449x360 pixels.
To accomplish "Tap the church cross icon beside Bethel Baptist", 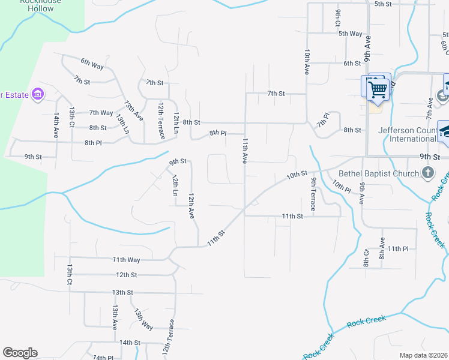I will click(428, 174).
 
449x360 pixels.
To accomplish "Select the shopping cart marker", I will click(378, 90).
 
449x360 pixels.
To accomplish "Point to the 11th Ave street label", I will click(245, 151).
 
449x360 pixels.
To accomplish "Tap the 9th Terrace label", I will click(313, 194).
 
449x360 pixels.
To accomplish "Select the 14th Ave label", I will click(56, 125).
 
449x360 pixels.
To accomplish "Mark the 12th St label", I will click(127, 275).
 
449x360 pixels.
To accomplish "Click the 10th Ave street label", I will click(307, 62).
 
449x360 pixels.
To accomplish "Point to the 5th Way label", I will click(351, 34).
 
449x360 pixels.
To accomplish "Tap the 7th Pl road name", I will click(324, 119).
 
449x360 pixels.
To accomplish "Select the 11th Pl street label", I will click(398, 248).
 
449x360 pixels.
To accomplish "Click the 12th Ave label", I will click(191, 205).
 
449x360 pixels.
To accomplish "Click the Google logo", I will click(20, 353).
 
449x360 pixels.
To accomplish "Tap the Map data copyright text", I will click(423, 355).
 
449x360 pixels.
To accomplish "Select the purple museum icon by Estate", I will click(38, 94).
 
